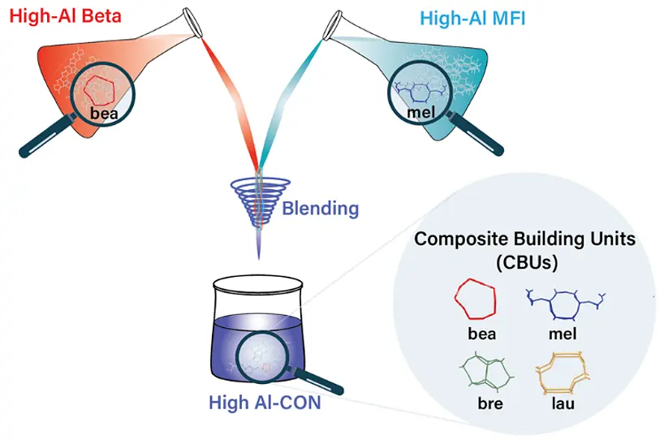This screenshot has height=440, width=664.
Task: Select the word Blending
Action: click(x=320, y=208)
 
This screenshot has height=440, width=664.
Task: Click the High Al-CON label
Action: click(x=263, y=402)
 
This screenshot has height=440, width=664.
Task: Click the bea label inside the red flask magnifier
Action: click(x=105, y=114)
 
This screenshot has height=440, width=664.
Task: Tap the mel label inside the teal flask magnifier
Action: click(x=420, y=112)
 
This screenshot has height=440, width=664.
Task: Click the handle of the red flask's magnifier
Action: click(x=40, y=145)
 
